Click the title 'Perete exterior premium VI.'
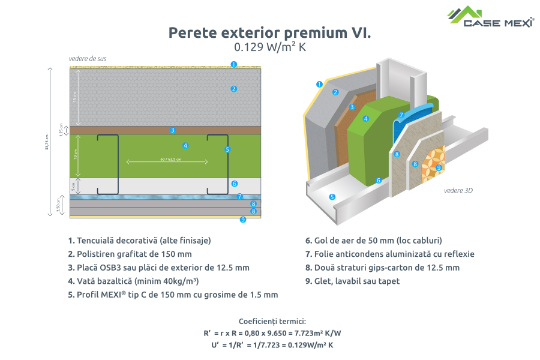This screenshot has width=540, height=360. [x=269, y=32]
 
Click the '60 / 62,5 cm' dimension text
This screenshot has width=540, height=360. [x=167, y=160]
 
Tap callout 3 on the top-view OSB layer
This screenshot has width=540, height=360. [x=172, y=130]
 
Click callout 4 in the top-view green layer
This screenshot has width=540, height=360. [x=186, y=145]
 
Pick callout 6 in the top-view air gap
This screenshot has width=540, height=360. [x=234, y=184]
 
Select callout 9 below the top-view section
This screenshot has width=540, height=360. [x=242, y=220]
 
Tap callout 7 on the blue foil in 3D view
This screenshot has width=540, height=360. [x=401, y=115]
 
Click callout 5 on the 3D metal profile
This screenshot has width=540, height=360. [x=332, y=196]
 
